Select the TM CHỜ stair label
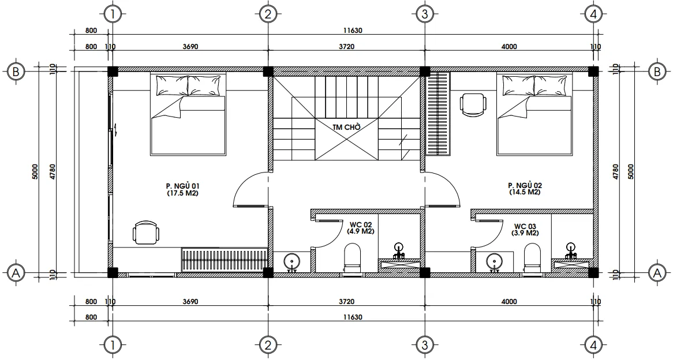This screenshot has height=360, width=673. click(x=346, y=127)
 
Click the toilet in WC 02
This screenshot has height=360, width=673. click(x=353, y=257)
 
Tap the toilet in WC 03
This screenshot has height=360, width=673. click(x=532, y=257)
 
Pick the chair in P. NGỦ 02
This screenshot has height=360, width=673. click(x=473, y=104)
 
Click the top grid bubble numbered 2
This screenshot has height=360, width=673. click(x=268, y=14)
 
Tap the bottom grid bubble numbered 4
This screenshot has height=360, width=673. click(x=593, y=344)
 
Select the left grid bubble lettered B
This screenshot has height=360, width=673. click(x=16, y=72)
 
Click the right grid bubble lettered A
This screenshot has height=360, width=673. click(x=657, y=272)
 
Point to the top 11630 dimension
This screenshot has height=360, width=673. click(x=353, y=31)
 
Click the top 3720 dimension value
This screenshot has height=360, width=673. click(x=346, y=46)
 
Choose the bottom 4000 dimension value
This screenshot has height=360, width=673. click(x=509, y=302)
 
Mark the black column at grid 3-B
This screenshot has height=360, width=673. click(x=425, y=72)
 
